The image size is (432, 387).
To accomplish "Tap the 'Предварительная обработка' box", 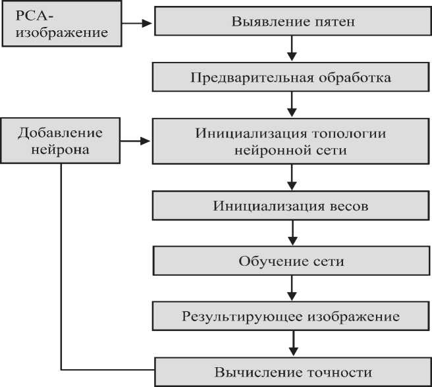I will click(292, 78).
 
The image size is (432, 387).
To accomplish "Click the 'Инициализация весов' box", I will click(292, 205).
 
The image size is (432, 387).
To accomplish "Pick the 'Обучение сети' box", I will click(292, 261).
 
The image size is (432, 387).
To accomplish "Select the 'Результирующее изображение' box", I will click(292, 317).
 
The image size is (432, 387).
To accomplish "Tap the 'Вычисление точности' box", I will click(292, 372).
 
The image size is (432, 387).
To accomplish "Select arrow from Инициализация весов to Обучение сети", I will click(292, 232).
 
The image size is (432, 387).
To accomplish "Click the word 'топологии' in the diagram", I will click(352, 134).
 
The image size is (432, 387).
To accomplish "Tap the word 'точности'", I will click(342, 373).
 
